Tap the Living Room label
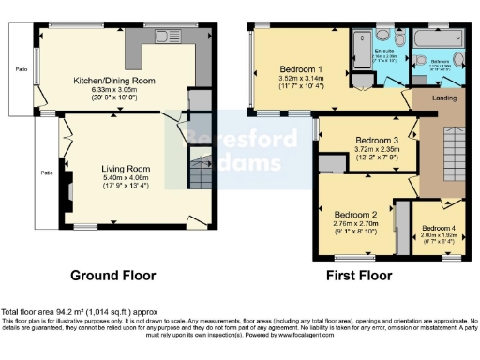click(126, 169)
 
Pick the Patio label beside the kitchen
click(19, 69)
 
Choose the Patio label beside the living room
click(45, 172)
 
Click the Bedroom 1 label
click(302, 69)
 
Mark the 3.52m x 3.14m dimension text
click(302, 79)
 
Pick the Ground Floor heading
click(114, 276)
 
